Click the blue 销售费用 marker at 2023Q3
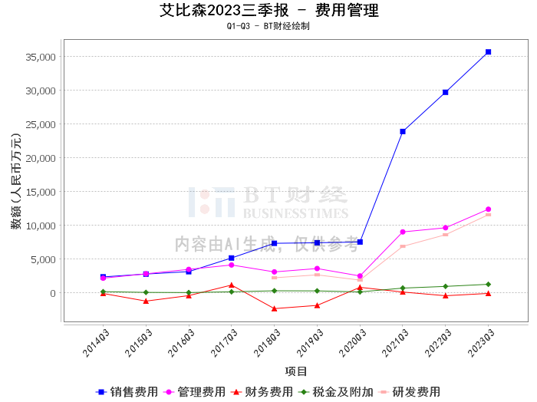(489, 52)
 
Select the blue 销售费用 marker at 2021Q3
(403, 131)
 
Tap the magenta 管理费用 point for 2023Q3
(489, 209)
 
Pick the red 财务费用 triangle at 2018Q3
(275, 308)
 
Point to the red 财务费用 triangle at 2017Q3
(232, 285)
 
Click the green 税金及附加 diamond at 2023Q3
(489, 284)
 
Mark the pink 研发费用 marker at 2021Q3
(403, 246)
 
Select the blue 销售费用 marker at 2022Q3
(446, 93)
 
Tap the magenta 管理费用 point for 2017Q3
(232, 265)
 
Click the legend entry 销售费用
(127, 392)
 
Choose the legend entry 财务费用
(262, 392)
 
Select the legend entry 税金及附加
(336, 392)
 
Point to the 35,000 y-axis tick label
(41, 57)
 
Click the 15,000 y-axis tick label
(41, 192)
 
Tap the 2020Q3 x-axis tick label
(352, 343)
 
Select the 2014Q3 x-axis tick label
(96, 343)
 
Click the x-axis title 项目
(296, 371)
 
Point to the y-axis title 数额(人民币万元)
(16, 181)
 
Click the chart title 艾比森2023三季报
(224, 10)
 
